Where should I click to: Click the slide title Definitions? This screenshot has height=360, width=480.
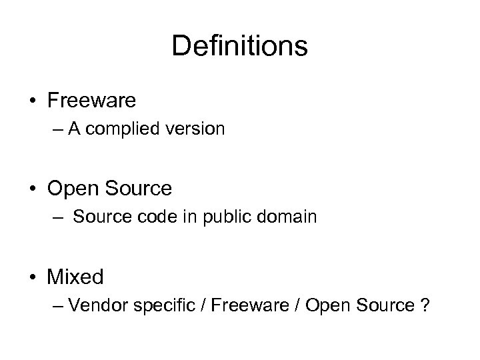[x=239, y=47]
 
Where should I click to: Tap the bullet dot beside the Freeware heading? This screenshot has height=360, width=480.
[x=33, y=101]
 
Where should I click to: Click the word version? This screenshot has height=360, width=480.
[x=198, y=129]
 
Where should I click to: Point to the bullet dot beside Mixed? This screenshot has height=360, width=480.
[x=33, y=277]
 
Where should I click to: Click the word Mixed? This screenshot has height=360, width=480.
[x=76, y=277]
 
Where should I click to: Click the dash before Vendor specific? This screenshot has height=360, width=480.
[x=57, y=307]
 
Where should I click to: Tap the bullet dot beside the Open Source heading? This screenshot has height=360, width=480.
[x=33, y=189]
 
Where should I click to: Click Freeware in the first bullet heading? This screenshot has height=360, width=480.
[x=91, y=101]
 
